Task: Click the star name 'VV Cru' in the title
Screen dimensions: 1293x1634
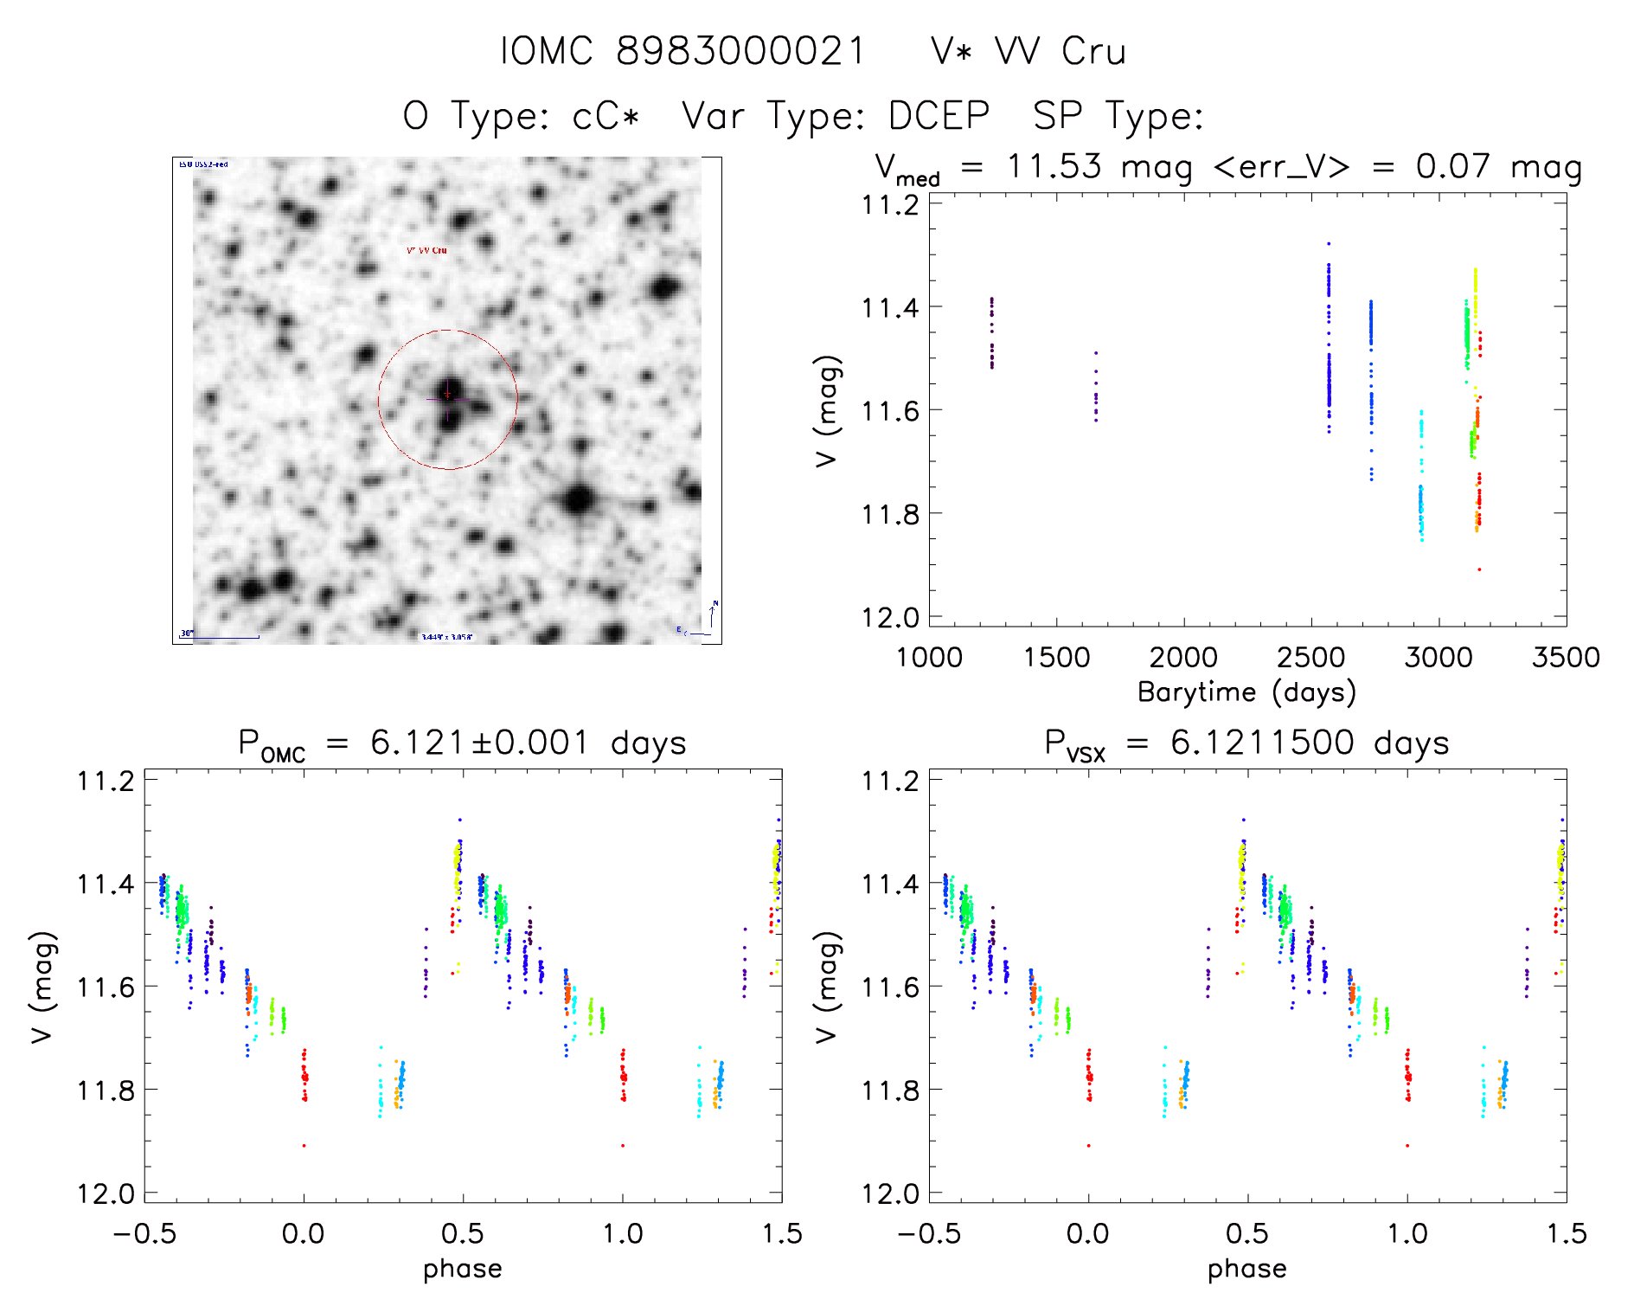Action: coord(1060,51)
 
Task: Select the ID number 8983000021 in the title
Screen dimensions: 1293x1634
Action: coord(740,51)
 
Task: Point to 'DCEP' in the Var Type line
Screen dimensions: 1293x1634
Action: coord(939,115)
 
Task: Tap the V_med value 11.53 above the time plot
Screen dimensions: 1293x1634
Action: coord(1054,166)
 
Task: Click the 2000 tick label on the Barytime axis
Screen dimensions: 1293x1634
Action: coord(1183,658)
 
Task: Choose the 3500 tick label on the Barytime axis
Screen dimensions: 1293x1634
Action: coord(1566,658)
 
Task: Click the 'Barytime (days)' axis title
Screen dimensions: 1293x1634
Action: coord(1246,692)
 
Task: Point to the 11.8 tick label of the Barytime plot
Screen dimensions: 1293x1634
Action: coord(890,514)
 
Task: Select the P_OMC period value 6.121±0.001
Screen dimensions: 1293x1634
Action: coord(480,743)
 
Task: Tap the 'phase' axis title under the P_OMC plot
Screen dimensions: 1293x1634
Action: coord(463,1269)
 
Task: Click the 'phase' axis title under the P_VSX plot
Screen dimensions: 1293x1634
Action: coord(1247,1269)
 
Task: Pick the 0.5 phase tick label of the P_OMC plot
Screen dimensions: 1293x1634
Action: coord(463,1233)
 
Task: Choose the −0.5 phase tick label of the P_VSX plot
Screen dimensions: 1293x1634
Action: coord(930,1233)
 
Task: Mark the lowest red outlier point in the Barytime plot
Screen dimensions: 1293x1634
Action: coord(1479,569)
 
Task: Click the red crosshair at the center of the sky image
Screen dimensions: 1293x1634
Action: coord(447,396)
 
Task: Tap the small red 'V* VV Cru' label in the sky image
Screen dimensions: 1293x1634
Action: coord(427,250)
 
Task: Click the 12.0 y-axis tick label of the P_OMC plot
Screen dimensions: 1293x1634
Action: coord(106,1194)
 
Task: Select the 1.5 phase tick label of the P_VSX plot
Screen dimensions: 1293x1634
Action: coord(1566,1233)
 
